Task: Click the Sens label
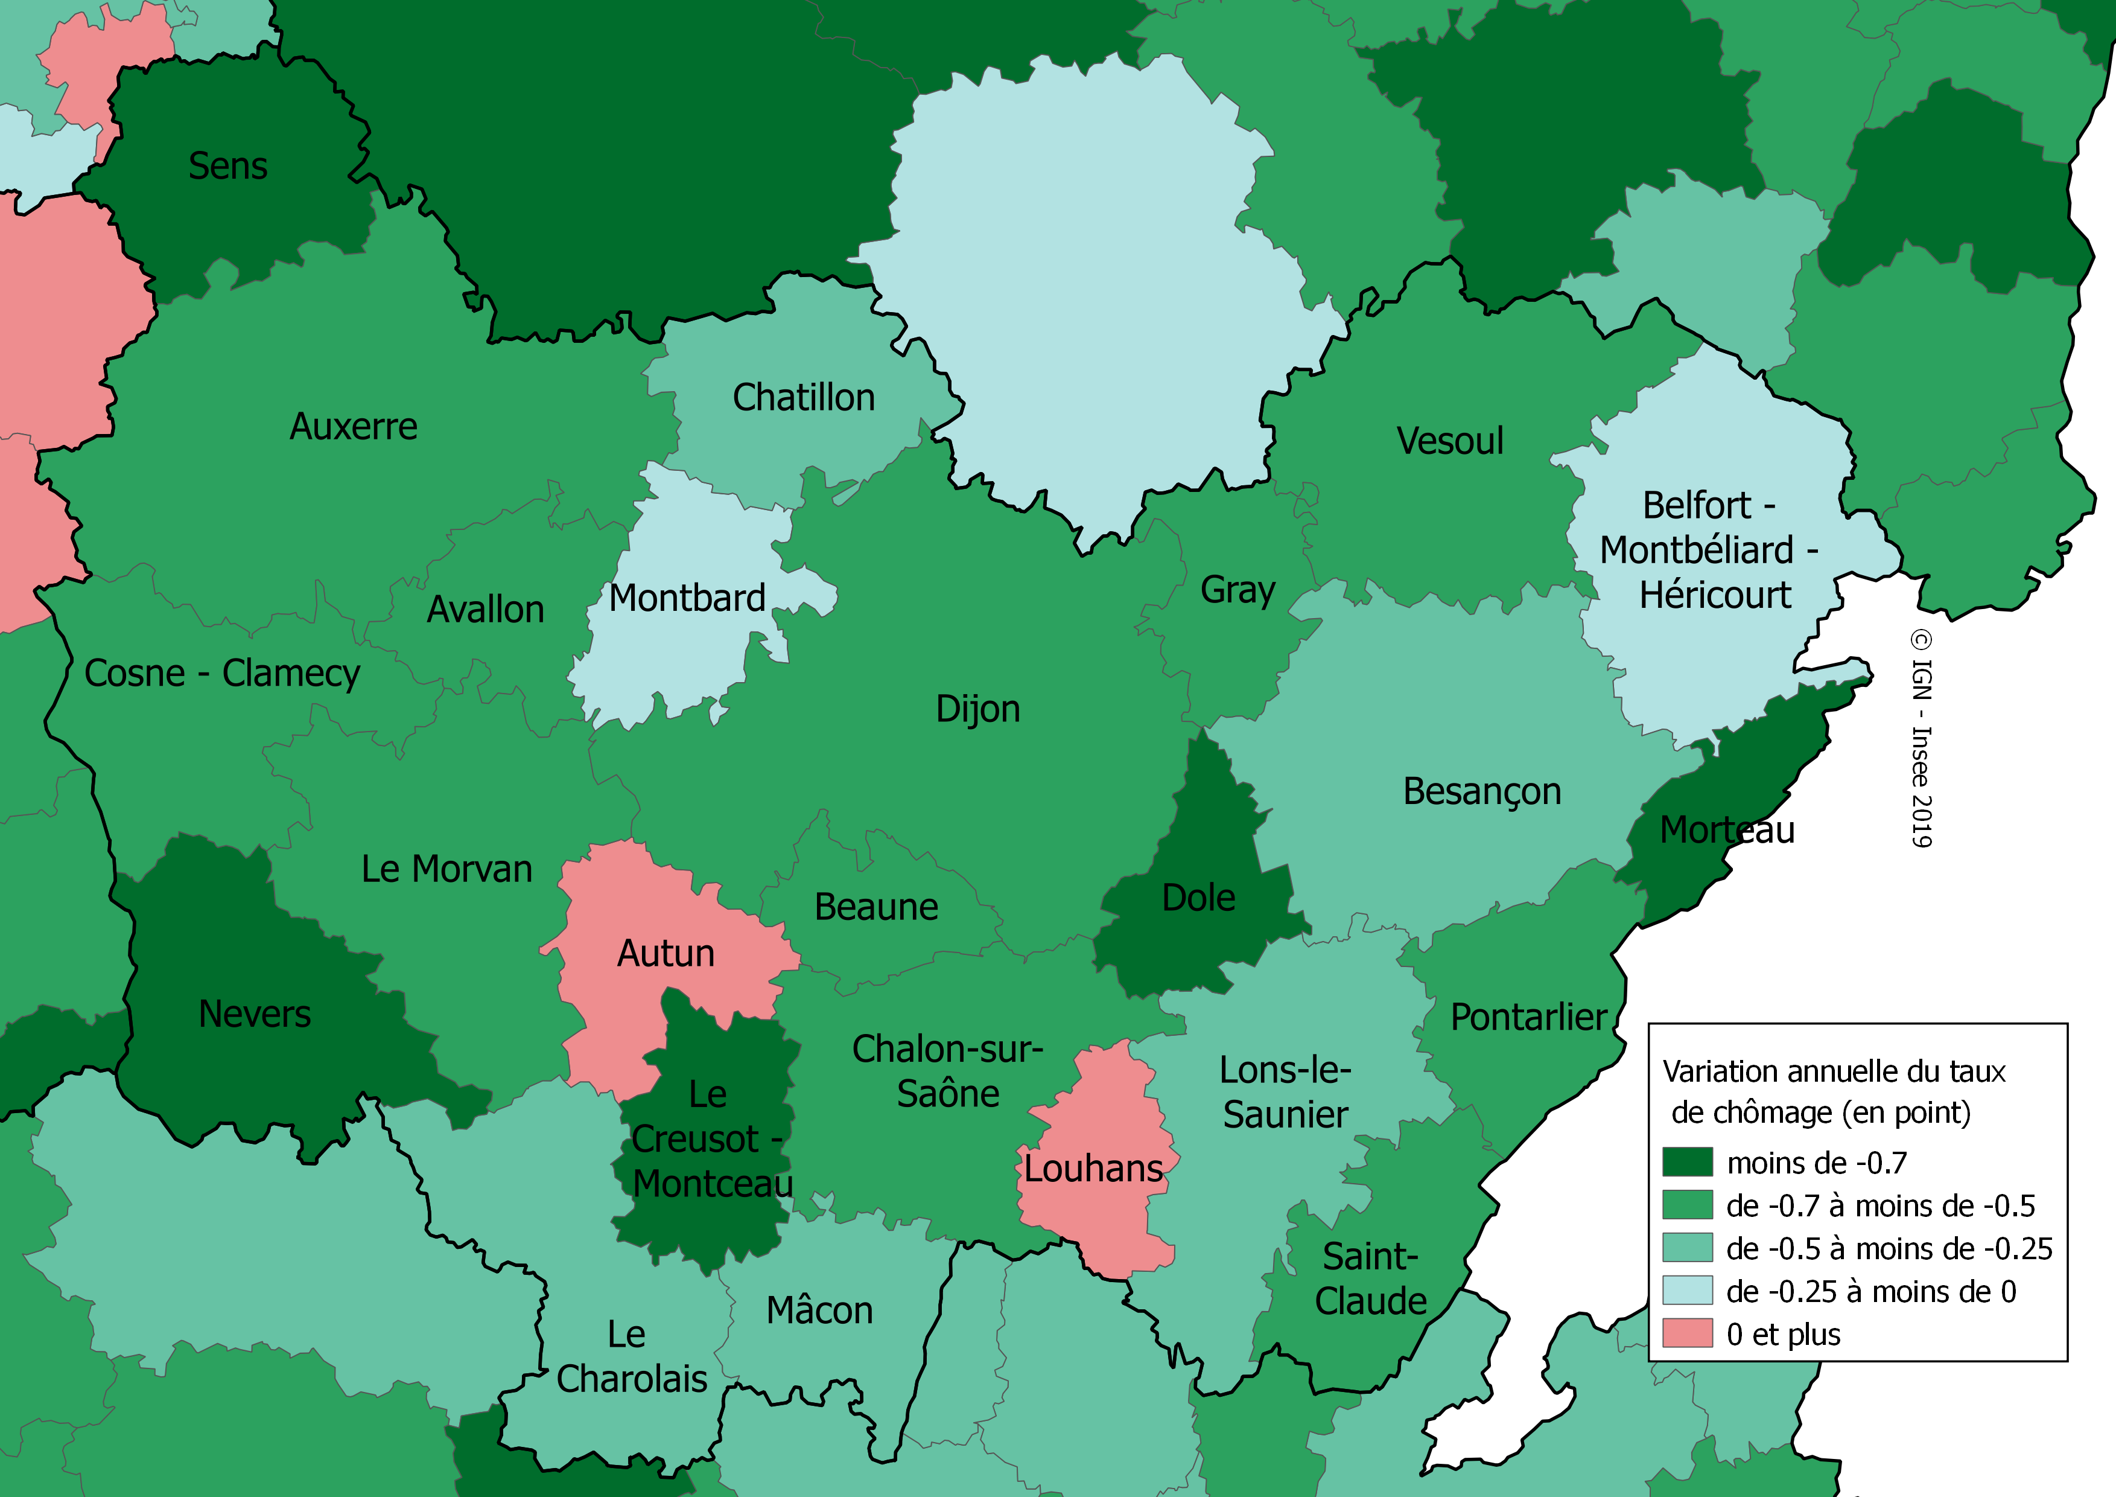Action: tap(227, 167)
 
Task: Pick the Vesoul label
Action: tap(1450, 441)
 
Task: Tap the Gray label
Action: tap(1238, 590)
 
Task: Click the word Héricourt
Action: tap(1715, 596)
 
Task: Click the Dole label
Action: tap(1198, 898)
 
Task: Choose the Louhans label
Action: tap(1093, 1169)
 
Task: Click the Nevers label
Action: tap(255, 1015)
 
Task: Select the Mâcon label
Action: tap(819, 1311)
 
